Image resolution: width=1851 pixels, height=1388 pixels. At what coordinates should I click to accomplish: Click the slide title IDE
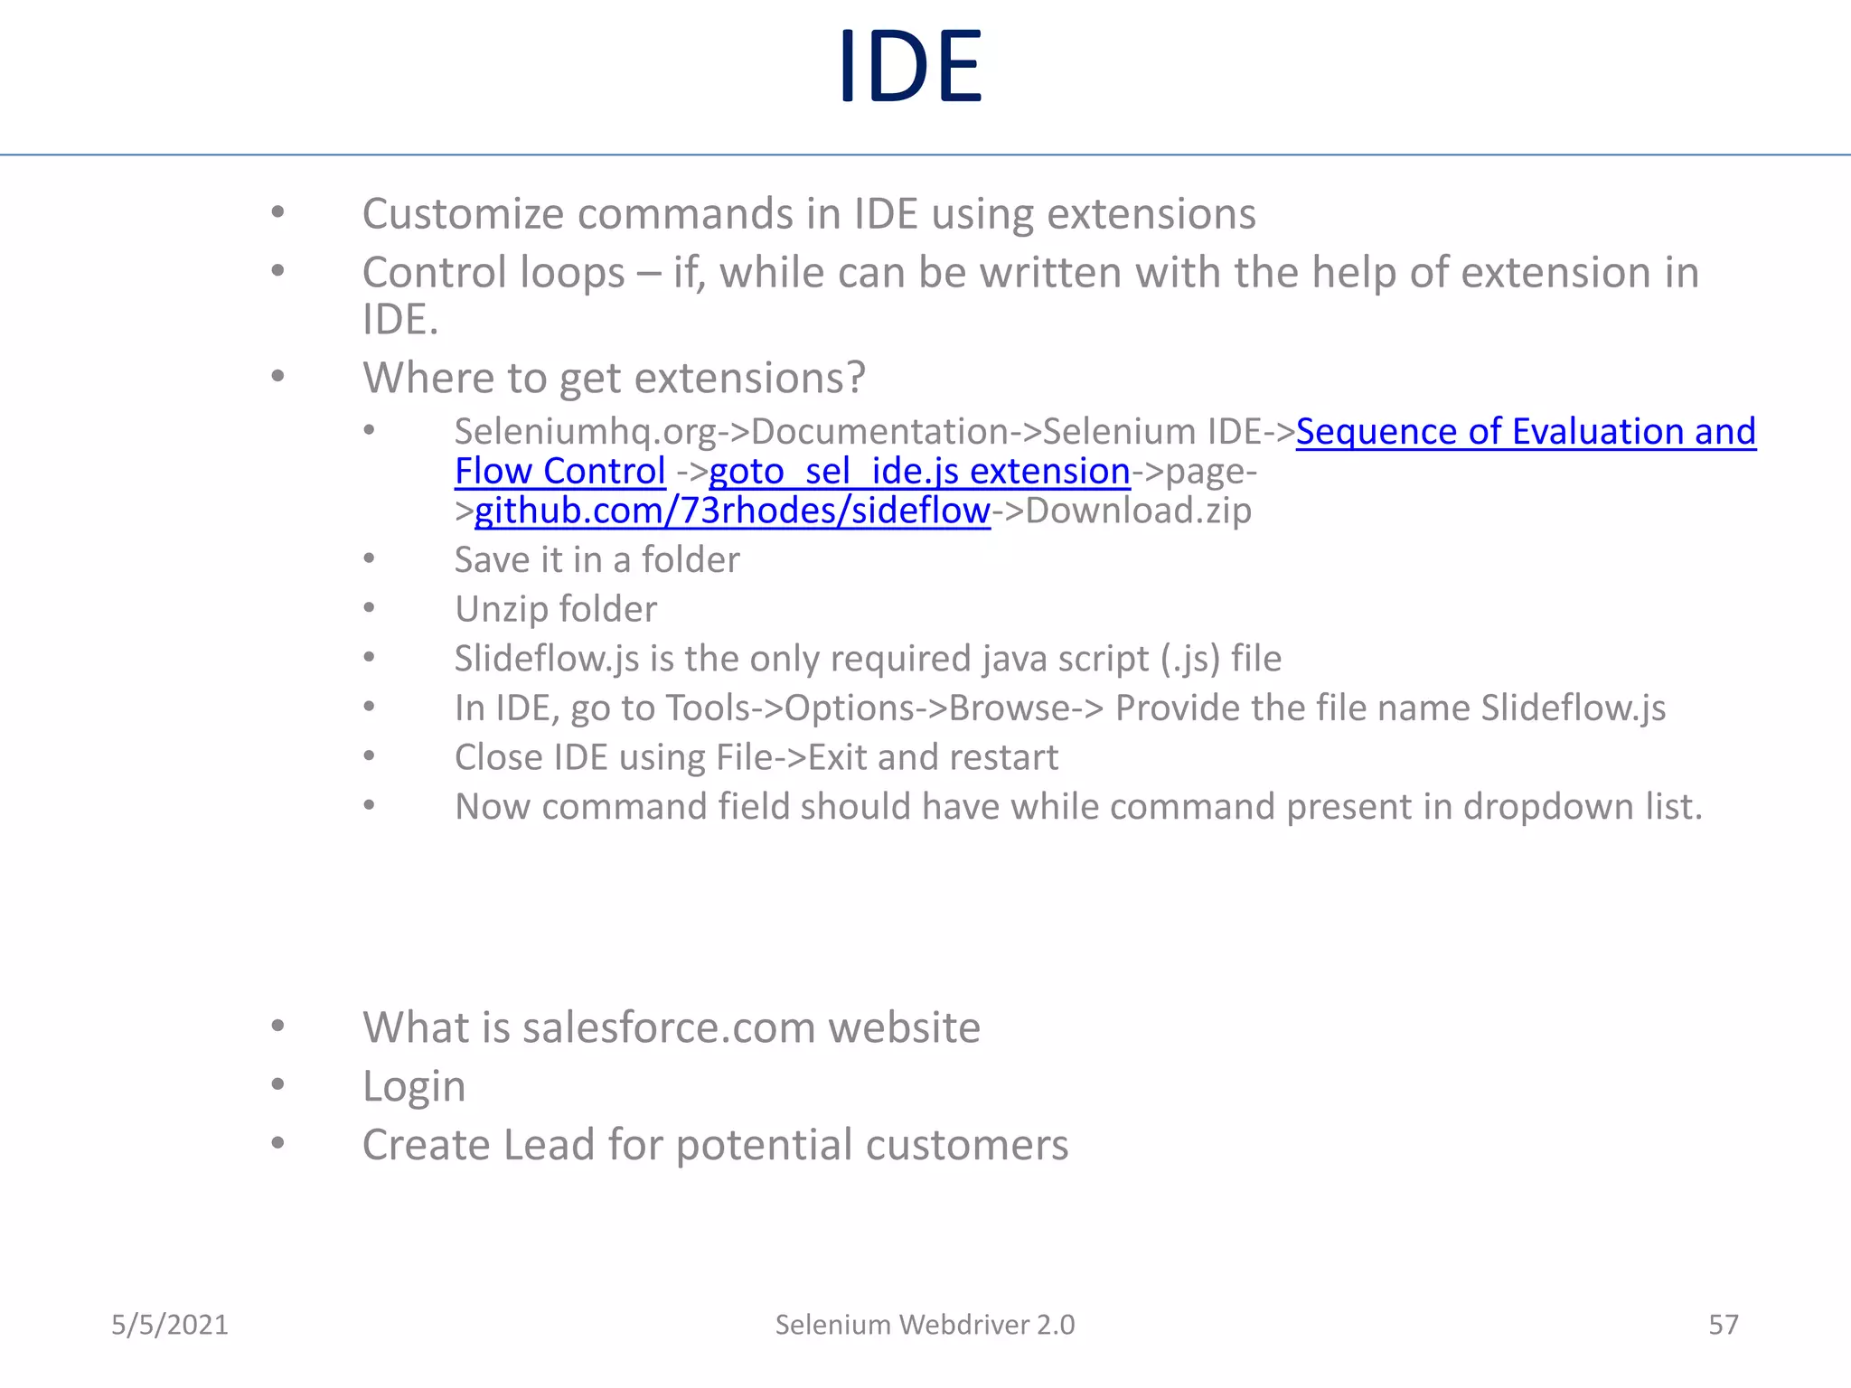[x=909, y=67]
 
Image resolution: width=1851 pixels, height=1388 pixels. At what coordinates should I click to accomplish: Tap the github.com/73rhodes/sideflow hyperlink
[x=732, y=511]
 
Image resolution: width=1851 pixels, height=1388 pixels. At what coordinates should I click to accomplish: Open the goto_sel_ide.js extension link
[x=918, y=472]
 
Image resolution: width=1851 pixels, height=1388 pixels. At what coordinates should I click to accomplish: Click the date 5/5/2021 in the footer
[x=169, y=1325]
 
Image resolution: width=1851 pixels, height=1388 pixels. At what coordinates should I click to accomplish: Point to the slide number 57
[x=1723, y=1325]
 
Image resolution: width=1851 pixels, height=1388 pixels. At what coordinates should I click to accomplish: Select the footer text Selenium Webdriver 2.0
[x=925, y=1325]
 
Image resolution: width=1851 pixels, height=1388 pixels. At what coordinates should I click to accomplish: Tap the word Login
[x=414, y=1086]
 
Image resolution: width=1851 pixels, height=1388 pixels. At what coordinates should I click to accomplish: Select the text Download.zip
[x=1139, y=511]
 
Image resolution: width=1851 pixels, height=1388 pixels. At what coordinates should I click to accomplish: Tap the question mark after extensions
[x=855, y=378]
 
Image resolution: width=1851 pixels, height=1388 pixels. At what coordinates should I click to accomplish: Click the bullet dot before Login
[x=277, y=1083]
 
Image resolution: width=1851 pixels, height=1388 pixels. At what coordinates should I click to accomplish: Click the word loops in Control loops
[x=575, y=273]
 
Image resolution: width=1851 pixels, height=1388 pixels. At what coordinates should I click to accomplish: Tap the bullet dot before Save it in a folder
[x=369, y=559]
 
